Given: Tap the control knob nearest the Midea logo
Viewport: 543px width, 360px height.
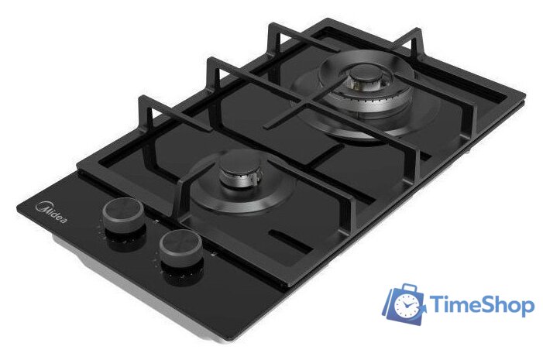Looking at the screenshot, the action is coord(123,215).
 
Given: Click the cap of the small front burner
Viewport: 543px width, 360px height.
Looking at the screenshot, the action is coord(242,170).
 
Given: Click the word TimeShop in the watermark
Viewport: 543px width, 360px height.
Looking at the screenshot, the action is coord(482,304).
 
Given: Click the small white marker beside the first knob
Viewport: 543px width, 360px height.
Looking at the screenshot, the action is coord(156,221).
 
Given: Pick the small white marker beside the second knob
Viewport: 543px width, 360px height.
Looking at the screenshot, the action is coord(213,255).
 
